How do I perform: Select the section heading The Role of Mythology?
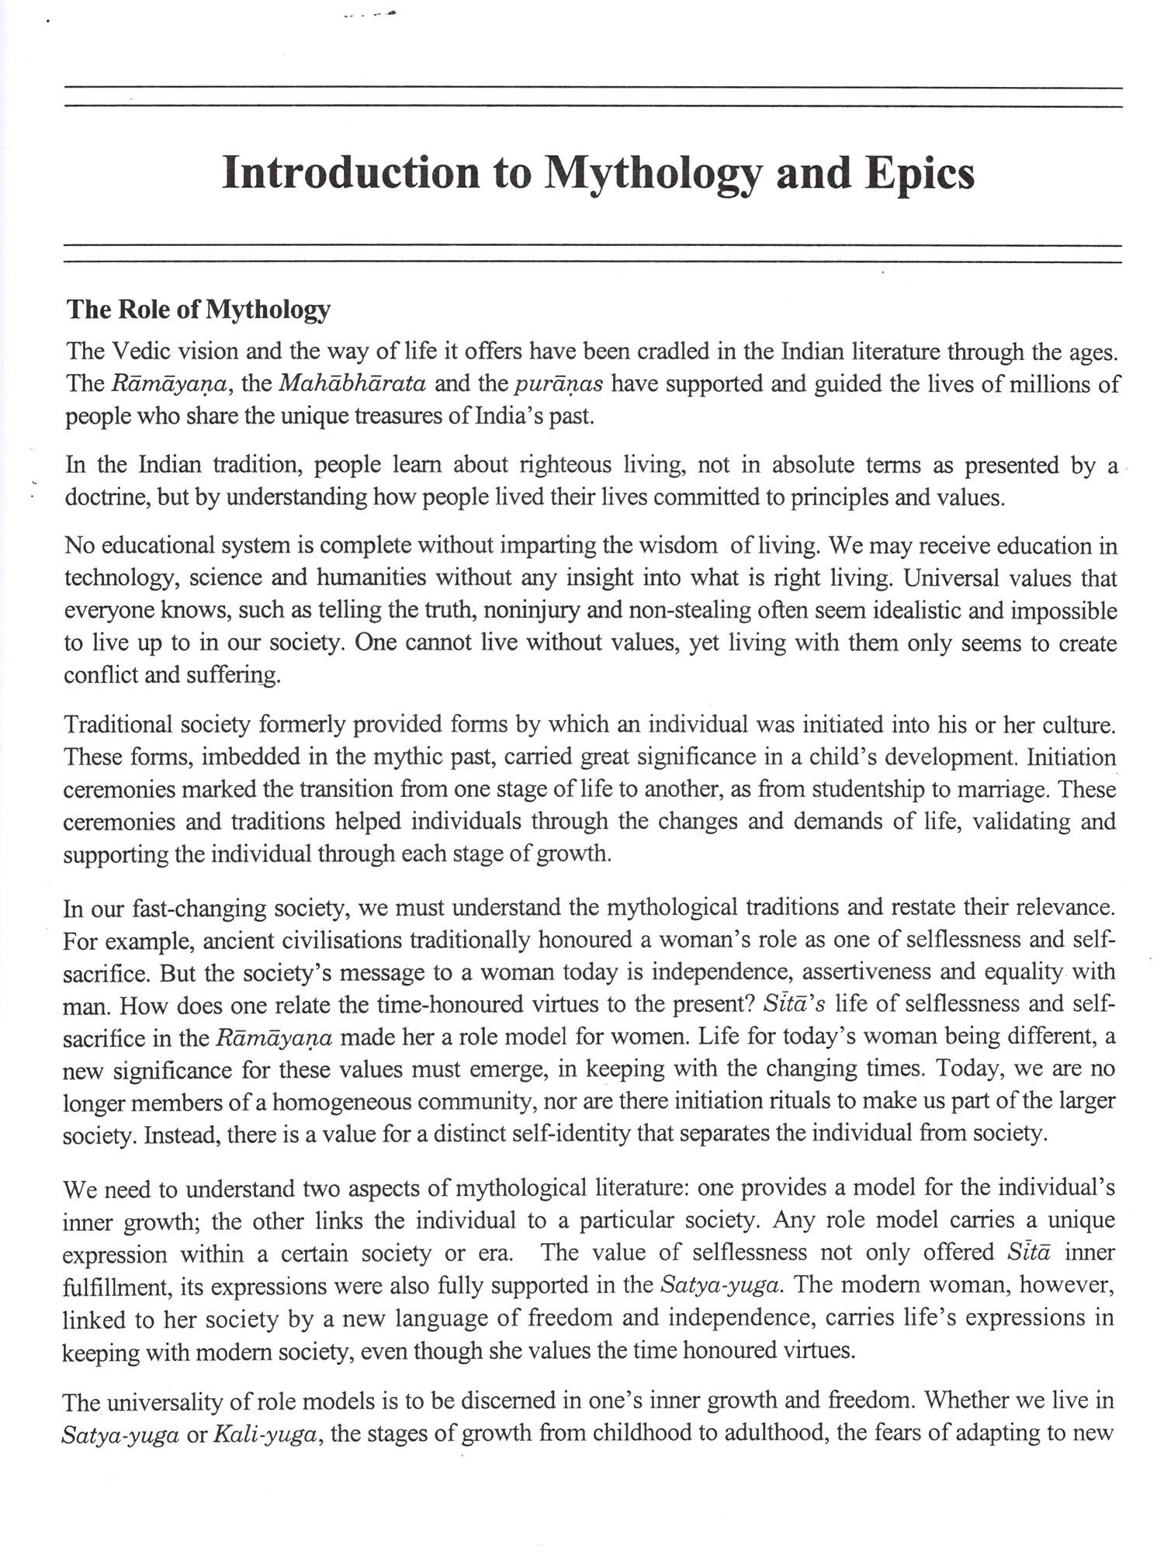click(198, 309)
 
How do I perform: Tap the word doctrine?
click(106, 497)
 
